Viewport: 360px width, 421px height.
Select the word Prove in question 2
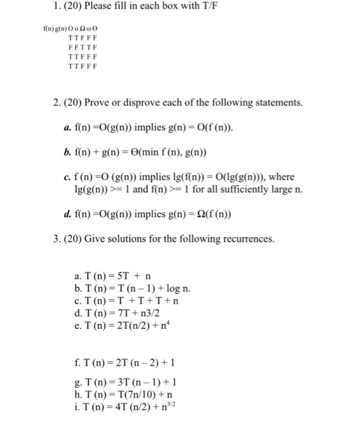[x=119, y=103]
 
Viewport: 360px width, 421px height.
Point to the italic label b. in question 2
[x=67, y=151]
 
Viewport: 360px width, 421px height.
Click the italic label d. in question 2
[x=67, y=214]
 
